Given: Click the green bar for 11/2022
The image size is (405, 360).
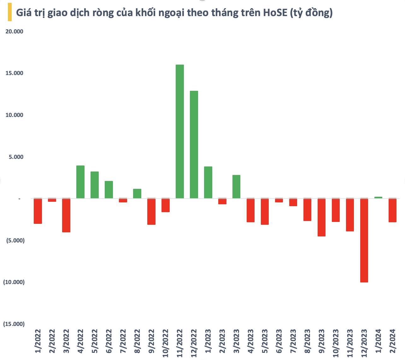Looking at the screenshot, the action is [180, 131].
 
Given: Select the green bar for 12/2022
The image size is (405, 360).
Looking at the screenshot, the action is [194, 145].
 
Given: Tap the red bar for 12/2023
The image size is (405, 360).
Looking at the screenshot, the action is [364, 240].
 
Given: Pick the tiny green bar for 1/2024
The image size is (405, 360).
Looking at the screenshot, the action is [378, 197].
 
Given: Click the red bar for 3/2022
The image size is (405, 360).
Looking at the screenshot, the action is [66, 215].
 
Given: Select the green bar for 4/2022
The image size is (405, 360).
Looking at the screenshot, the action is [80, 182].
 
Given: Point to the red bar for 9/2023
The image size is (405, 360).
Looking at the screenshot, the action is [321, 217].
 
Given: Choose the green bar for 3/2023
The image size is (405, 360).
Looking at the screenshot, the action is [236, 187].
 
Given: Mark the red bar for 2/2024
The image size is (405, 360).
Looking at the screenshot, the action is [392, 210].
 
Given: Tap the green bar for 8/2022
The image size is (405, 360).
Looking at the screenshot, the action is [137, 194].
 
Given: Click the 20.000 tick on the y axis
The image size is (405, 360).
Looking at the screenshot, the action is [15, 31].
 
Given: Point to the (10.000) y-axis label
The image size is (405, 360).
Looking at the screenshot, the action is [14, 282].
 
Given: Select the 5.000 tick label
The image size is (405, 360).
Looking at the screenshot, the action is [16, 157].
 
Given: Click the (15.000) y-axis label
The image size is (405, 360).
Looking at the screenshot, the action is [14, 324].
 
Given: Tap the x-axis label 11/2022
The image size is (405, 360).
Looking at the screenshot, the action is [180, 343].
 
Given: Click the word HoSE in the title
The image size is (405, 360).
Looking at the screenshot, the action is [275, 13].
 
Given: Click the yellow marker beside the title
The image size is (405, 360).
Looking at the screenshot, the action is [9, 12].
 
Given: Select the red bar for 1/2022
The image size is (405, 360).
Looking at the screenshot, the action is [38, 211].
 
